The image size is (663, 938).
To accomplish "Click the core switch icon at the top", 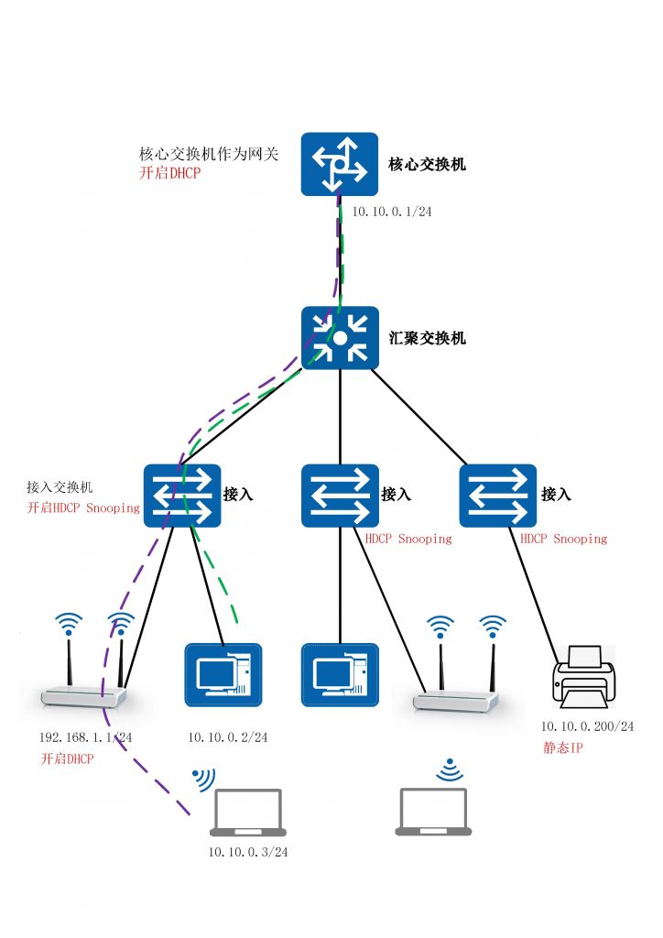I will pos(340,164).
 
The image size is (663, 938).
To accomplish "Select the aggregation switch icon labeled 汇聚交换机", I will pos(340,338).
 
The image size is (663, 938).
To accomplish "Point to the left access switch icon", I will pos(182,495).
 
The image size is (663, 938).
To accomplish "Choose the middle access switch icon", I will pos(340,495).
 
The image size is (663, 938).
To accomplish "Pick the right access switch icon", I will pos(498,495).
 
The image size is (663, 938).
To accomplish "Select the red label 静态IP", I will pos(562,747).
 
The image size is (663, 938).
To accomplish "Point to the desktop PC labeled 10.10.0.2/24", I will pos(223,675).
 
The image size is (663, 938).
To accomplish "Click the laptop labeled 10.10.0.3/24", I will pos(247,813).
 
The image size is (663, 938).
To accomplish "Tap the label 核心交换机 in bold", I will pos(428,164).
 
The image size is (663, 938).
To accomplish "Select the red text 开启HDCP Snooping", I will pos(83,507).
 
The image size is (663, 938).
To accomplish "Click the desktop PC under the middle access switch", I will pos(340,675).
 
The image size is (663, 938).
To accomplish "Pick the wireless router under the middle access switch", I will pos(455,678).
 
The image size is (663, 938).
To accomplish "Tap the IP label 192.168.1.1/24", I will pos(85,736).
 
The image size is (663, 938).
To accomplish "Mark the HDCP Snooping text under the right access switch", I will pos(563,540).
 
